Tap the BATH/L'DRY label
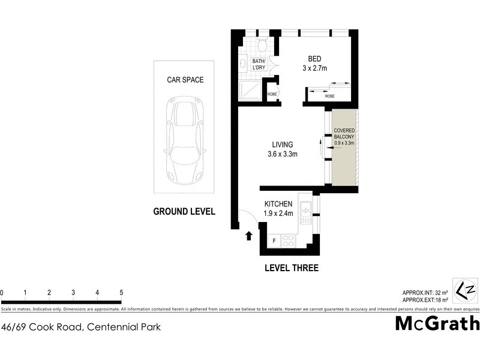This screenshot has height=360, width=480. click(x=259, y=65)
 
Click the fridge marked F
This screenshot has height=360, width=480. click(x=274, y=241)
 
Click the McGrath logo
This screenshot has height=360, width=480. click(x=437, y=323)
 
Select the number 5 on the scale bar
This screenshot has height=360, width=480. click(x=121, y=293)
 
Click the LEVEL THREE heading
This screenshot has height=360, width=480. click(x=291, y=268)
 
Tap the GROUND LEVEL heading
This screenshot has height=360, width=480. click(x=184, y=211)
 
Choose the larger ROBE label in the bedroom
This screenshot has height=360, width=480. click(x=329, y=96)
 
